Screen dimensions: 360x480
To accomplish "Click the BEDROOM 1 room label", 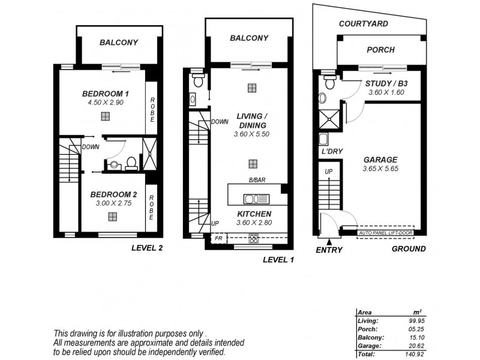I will pyautogui.click(x=105, y=94).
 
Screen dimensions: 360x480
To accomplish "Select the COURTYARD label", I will pyautogui.click(x=363, y=24).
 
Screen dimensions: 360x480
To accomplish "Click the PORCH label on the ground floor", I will pyautogui.click(x=380, y=52).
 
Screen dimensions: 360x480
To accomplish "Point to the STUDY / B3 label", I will pyautogui.click(x=386, y=83).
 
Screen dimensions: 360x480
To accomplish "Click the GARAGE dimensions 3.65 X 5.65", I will pyautogui.click(x=380, y=169).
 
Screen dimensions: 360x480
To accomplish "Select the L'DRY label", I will pyautogui.click(x=331, y=152).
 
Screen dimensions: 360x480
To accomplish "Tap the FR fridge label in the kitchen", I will pyautogui.click(x=220, y=238).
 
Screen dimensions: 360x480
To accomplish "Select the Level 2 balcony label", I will pyautogui.click(x=119, y=43).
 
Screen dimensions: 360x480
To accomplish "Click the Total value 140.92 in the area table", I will pyautogui.click(x=409, y=354).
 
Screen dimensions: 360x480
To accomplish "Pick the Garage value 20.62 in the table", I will pyautogui.click(x=410, y=346).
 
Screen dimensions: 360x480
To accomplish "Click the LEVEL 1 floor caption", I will pyautogui.click(x=279, y=260).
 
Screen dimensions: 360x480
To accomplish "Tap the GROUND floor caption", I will pyautogui.click(x=409, y=249).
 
